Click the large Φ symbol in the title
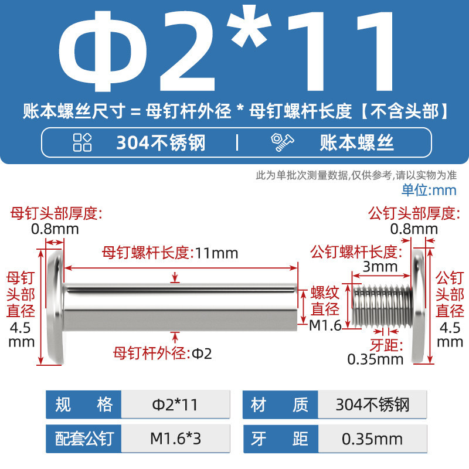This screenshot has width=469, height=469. (103, 51)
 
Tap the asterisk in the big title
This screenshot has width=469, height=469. (249, 26)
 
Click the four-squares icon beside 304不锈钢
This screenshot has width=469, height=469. (82, 142)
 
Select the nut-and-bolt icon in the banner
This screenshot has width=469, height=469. (282, 142)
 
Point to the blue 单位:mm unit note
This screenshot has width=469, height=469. (429, 190)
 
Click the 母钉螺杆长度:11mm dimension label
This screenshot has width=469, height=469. (170, 253)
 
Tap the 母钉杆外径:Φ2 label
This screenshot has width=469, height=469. (162, 354)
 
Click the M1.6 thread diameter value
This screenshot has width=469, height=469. (325, 325)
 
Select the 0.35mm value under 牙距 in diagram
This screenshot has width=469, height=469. (375, 359)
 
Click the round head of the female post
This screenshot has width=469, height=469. (56, 307)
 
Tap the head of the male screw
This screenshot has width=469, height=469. (419, 307)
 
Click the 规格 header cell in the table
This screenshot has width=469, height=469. (84, 405)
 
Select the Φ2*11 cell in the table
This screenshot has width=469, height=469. (175, 405)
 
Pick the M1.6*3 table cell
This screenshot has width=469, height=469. (175, 439)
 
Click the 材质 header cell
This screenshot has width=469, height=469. (280, 405)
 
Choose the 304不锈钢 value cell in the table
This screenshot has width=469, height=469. (372, 405)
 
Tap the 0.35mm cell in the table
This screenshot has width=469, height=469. (372, 439)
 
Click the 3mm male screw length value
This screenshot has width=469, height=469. (380, 267)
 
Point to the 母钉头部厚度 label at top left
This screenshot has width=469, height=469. (56, 213)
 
